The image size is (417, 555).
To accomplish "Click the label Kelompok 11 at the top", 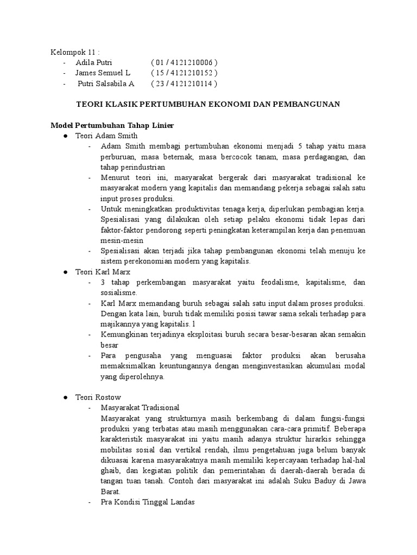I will (x=74, y=52).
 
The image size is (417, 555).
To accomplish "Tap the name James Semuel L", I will (x=103, y=73).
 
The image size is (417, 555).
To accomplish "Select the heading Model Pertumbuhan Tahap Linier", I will (x=111, y=125).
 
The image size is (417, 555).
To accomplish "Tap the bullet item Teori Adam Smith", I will (x=106, y=135).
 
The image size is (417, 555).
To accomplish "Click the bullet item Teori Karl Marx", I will (x=103, y=272).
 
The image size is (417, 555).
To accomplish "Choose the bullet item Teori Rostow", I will (x=98, y=397).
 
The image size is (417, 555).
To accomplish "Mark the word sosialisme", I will (x=119, y=292).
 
